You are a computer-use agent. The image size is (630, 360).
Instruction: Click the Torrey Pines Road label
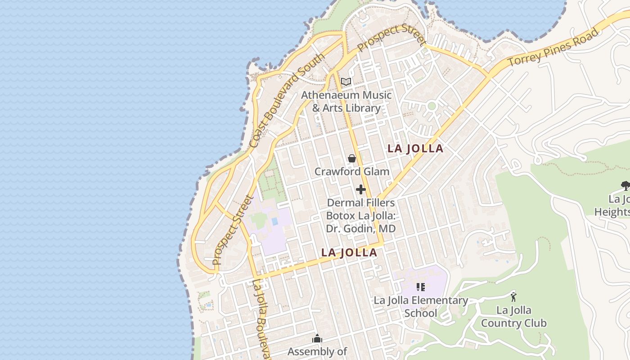tap(554, 47)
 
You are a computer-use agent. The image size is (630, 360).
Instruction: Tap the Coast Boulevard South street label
tap(286, 101)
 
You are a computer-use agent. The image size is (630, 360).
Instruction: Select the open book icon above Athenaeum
tap(346, 81)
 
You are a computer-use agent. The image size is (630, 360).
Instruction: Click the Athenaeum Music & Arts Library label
tap(346, 102)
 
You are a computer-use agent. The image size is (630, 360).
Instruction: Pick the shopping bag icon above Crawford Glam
tap(352, 158)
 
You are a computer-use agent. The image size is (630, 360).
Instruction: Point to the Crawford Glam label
tap(352, 171)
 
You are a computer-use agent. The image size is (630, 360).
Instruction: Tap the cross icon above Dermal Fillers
tap(361, 189)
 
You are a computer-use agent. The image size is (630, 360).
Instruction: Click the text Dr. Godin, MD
tap(361, 229)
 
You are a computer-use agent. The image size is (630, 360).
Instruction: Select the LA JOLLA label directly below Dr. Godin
tap(349, 252)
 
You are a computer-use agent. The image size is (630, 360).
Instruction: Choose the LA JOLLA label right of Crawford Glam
tap(415, 148)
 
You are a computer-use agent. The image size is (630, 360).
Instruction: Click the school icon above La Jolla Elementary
tap(421, 287)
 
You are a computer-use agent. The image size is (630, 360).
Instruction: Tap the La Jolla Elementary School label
tap(421, 306)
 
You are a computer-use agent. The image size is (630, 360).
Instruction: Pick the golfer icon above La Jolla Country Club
tap(513, 297)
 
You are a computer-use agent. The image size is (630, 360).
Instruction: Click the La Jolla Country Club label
tap(513, 317)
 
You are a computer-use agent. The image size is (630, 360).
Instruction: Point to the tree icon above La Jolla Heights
tap(625, 185)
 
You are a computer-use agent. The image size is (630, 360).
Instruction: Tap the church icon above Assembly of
tap(317, 338)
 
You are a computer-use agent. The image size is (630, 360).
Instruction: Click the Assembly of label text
tap(317, 351)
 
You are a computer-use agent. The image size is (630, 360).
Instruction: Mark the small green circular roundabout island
tap(432, 106)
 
